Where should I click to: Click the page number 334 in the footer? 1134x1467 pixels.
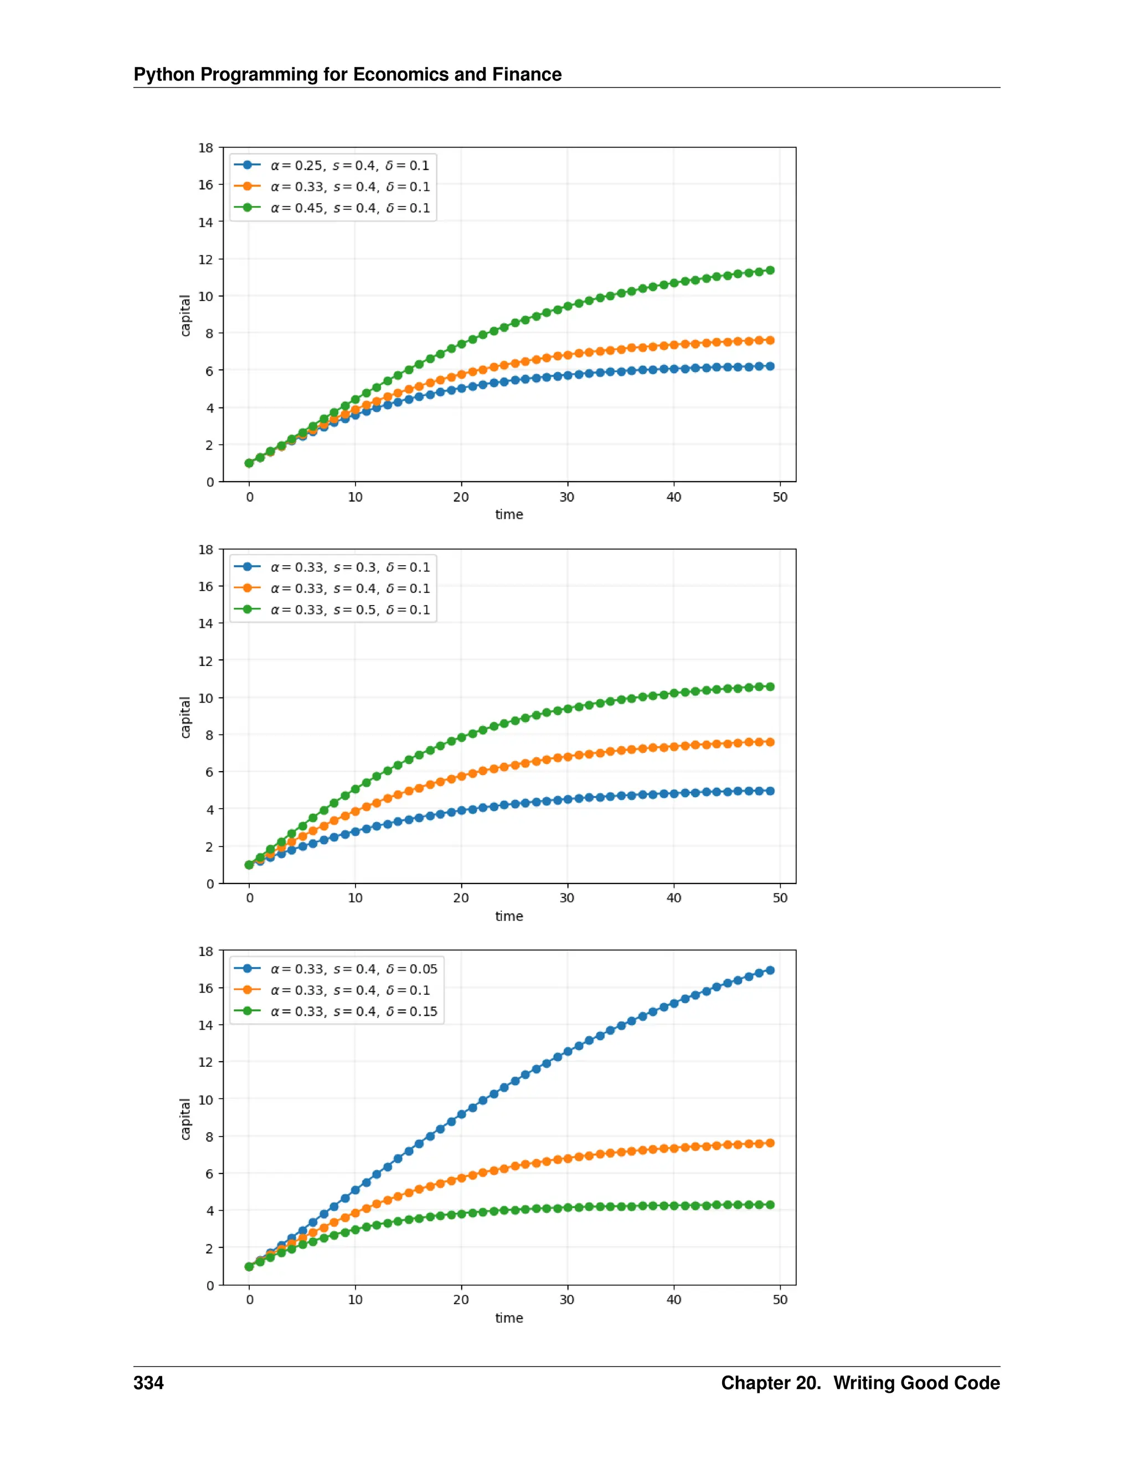[x=148, y=1383]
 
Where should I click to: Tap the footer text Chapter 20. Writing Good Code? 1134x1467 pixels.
[x=860, y=1383]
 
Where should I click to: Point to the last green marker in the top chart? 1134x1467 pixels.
[x=770, y=270]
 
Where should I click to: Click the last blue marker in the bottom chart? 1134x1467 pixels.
[x=770, y=970]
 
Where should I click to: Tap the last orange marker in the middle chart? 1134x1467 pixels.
[x=770, y=742]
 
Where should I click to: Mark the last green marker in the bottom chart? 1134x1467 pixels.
[x=770, y=1205]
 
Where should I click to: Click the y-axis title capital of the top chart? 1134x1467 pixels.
[x=185, y=315]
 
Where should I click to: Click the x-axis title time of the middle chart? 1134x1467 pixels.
[x=508, y=916]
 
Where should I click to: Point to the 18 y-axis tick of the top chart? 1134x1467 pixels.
[x=205, y=148]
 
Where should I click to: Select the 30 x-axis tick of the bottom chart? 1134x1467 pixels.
[x=567, y=1300]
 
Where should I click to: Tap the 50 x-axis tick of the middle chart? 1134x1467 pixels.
[x=779, y=898]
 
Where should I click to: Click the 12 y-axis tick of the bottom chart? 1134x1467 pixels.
[x=205, y=1062]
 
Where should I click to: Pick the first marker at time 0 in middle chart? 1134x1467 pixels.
[x=249, y=865]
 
